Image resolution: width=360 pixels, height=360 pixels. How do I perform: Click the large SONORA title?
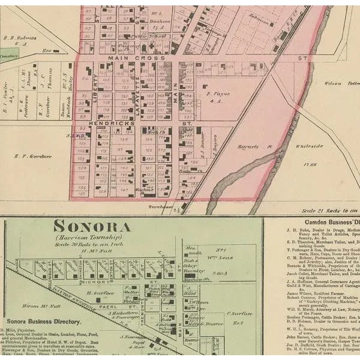coord(92,227)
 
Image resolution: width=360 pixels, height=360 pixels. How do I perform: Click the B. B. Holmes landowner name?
coord(20,38)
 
